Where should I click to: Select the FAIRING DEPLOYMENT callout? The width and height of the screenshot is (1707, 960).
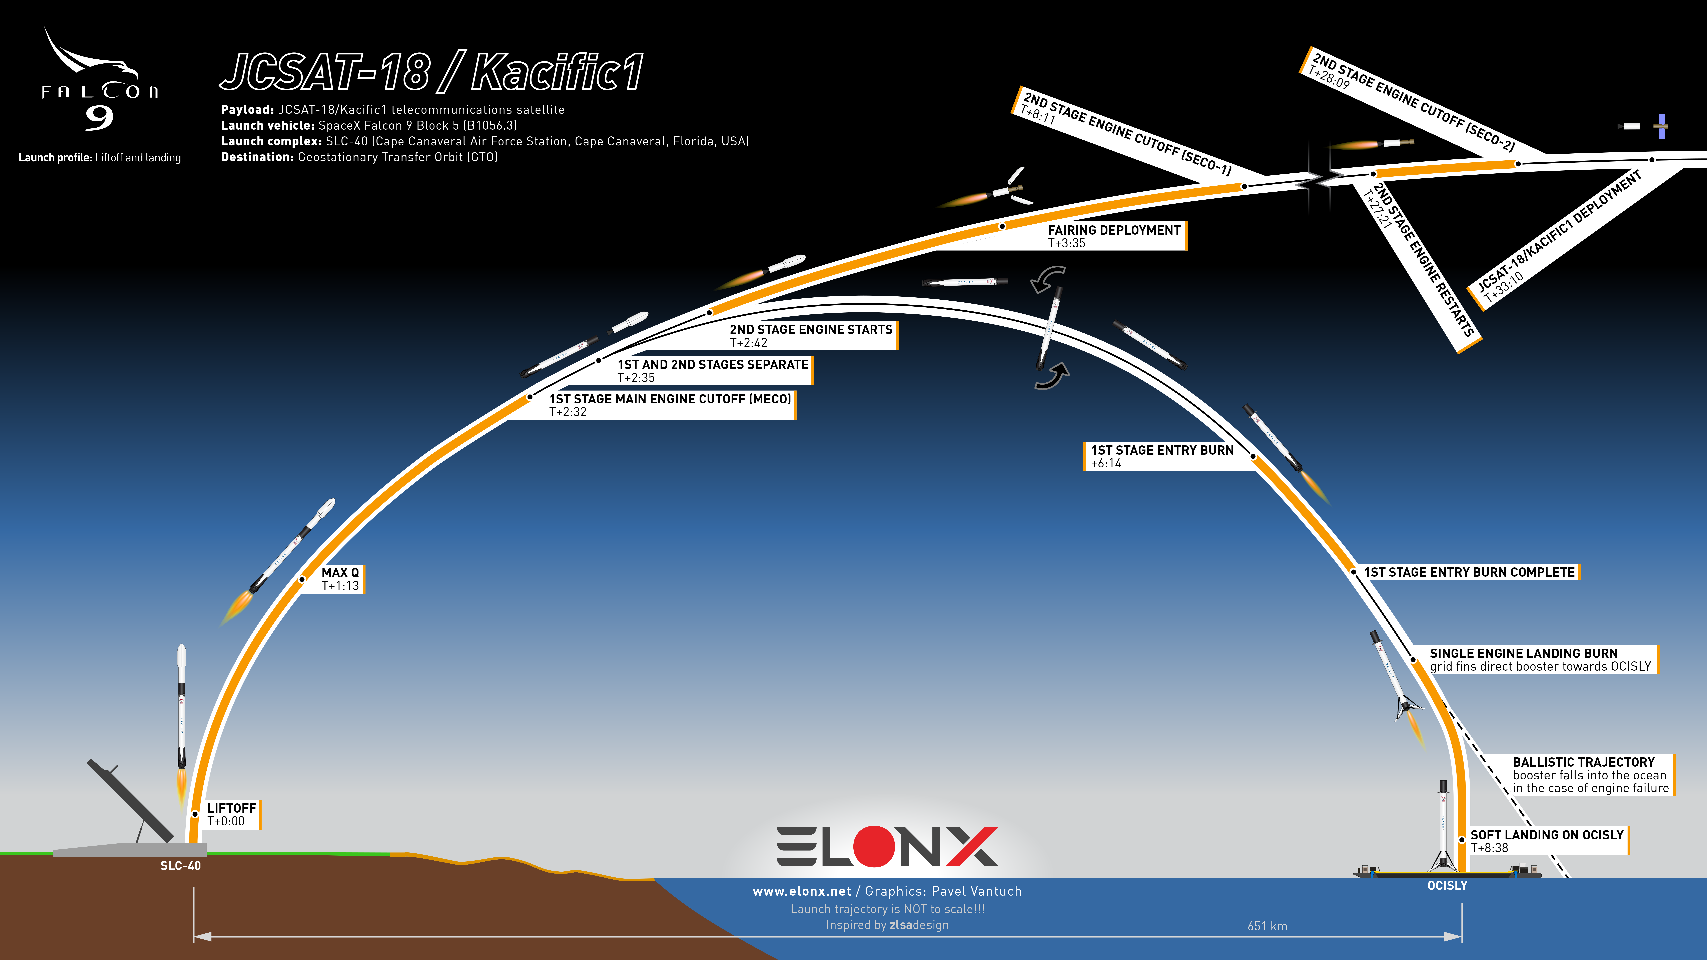coord(1115,236)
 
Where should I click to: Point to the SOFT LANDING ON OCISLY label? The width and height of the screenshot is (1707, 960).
coord(1547,841)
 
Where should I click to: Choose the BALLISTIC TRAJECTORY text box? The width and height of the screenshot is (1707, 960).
coord(1591,774)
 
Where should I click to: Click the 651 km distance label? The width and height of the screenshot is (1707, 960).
coord(1267,926)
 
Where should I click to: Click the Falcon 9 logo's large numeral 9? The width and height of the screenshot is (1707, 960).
coord(99,118)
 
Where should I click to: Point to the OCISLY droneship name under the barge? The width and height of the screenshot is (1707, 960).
coord(1447,886)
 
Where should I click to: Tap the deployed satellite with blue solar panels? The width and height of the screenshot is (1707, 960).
coord(1661,126)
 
